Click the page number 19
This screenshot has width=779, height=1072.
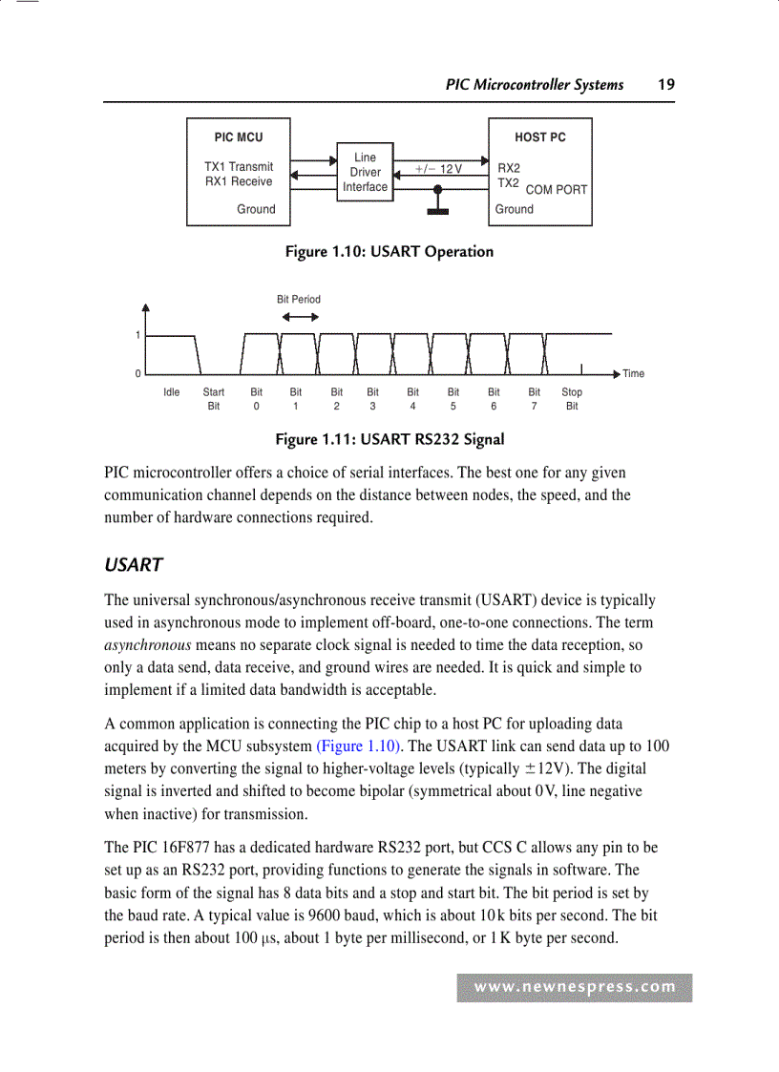665,85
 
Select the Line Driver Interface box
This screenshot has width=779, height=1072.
365,173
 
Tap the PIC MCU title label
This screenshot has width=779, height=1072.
238,137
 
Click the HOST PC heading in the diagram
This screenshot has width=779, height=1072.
539,137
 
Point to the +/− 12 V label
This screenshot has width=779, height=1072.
438,169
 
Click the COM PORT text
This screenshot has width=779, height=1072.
557,190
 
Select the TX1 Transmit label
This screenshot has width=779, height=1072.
239,166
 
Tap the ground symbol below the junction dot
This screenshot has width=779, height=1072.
437,210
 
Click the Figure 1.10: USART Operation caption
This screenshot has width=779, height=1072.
389,252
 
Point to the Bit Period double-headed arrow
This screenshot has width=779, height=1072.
299,319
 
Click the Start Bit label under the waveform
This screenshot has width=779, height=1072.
214,399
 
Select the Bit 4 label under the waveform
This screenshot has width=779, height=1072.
412,399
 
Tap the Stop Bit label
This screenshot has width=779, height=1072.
572,399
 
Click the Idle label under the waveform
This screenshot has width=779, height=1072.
172,392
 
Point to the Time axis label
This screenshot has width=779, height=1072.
633,374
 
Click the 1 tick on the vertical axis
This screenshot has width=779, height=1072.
137,336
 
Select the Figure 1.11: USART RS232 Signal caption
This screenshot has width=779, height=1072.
389,439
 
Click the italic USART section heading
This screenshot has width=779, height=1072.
133,565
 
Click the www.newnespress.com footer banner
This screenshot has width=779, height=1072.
575,988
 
